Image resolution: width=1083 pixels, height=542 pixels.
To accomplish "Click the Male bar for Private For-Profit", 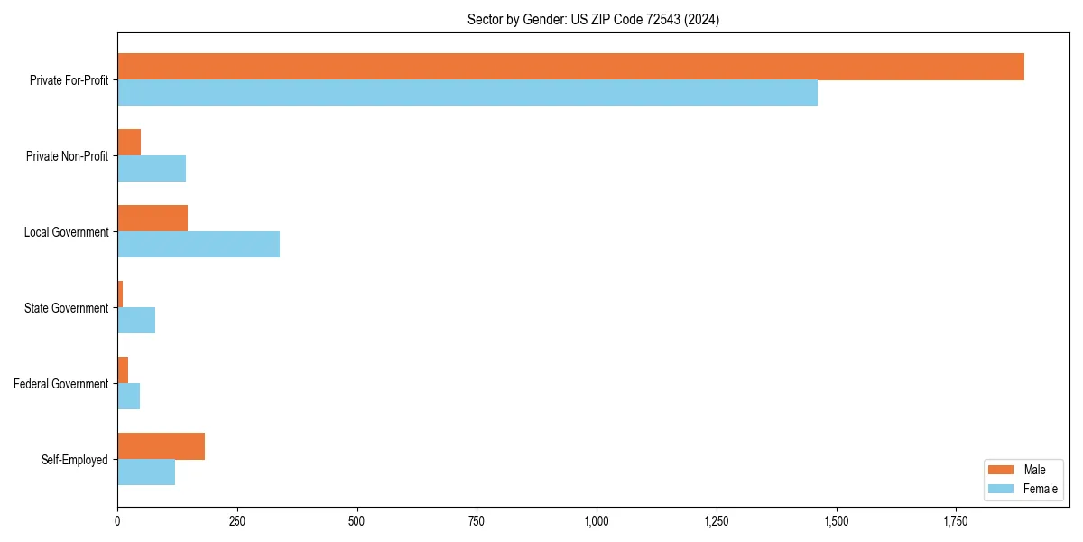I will (x=570, y=67).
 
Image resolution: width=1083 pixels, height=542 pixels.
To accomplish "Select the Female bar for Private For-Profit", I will (x=467, y=93).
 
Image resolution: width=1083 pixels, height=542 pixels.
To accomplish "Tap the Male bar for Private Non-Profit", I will (x=129, y=143).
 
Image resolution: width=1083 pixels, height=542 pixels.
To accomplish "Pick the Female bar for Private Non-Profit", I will (x=152, y=169).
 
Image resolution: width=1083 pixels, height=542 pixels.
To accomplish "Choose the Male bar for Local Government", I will (x=153, y=219).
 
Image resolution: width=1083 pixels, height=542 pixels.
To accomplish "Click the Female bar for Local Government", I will (x=199, y=245).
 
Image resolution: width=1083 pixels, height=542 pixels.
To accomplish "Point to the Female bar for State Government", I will (x=136, y=321).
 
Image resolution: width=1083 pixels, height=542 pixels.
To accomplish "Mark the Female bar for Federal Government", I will (x=128, y=397).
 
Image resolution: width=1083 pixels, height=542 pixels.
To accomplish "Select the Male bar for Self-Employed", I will (x=161, y=446).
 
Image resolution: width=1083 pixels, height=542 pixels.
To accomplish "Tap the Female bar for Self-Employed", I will (x=146, y=472).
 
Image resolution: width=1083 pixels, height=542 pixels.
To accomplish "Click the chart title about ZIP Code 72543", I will (x=593, y=19).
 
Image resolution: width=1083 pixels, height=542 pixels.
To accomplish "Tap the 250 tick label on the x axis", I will (x=237, y=521).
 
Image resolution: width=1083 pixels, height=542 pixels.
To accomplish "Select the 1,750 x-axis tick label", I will (x=956, y=521).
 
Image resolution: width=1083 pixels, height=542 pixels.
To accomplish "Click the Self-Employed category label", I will (x=75, y=460).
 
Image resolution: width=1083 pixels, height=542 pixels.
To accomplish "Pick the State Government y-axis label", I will (x=67, y=308).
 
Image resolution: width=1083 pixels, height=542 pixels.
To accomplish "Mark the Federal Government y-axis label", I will (x=61, y=384).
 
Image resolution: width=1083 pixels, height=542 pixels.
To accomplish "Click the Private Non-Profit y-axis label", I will (x=67, y=156).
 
